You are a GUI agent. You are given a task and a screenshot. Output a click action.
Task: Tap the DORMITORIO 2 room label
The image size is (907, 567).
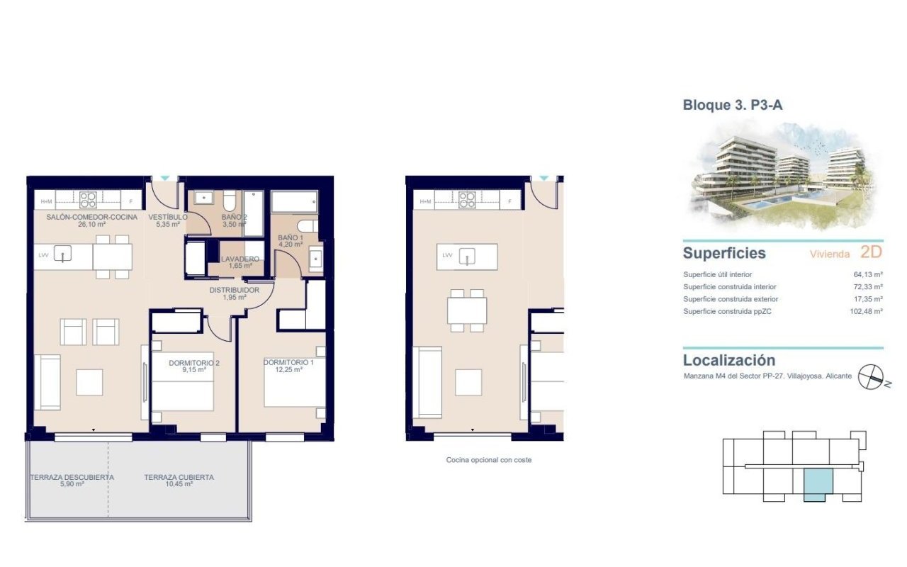click(x=193, y=363)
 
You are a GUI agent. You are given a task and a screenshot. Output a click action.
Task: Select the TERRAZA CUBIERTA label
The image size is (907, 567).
click(x=179, y=478)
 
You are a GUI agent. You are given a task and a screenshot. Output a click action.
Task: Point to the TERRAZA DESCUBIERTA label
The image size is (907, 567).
click(x=72, y=478)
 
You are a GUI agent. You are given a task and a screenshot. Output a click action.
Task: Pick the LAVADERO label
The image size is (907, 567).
click(x=239, y=259)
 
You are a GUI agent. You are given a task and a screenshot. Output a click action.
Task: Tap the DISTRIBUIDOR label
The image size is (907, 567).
click(x=234, y=290)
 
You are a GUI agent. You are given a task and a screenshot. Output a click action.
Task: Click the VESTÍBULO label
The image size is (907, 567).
click(x=168, y=217)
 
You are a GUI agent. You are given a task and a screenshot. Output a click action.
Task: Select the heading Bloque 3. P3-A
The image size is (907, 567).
click(x=732, y=106)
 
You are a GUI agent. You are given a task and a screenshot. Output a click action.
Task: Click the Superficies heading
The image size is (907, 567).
click(x=724, y=253)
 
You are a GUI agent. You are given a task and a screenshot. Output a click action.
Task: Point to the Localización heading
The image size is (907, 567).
click(x=728, y=360)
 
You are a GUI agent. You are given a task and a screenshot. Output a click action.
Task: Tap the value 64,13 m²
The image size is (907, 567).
click(x=868, y=274)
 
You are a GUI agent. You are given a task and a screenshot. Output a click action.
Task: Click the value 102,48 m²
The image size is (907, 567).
click(x=866, y=311)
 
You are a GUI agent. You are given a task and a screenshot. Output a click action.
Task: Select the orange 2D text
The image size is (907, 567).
click(x=872, y=252)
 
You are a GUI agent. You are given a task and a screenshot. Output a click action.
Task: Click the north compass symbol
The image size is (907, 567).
click(x=871, y=377)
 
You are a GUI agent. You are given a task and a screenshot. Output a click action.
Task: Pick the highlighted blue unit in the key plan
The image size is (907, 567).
click(x=818, y=485)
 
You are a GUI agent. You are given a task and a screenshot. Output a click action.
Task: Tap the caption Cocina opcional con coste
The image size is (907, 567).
click(x=488, y=460)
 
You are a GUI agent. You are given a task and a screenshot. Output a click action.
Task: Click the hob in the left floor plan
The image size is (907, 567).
click(x=88, y=200)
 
